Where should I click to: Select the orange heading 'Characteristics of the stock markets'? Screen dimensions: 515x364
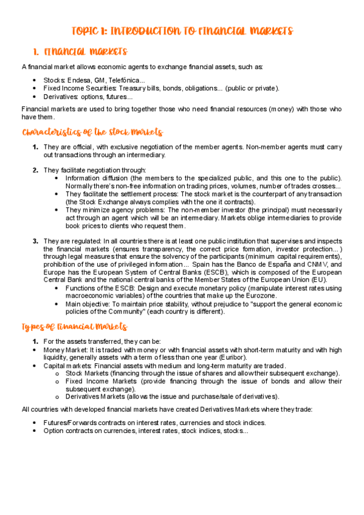[92, 132]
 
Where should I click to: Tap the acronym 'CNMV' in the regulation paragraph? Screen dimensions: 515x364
[316, 265]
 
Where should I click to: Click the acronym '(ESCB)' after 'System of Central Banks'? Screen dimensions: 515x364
[196, 273]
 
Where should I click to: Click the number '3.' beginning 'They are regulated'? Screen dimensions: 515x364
[36, 241]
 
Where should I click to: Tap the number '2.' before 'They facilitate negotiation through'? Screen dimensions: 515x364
[36, 169]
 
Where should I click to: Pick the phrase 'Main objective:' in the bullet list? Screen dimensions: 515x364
[89, 304]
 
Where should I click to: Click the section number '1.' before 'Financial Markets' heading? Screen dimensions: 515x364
[36, 53]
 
